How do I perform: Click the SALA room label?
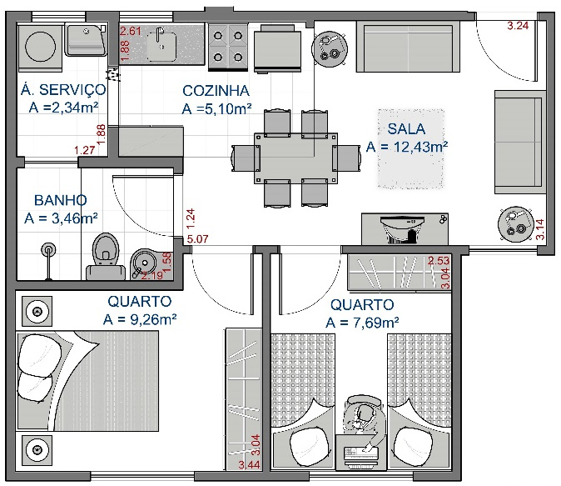point(406,128)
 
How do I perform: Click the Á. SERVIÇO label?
point(62,89)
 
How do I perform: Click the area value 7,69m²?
point(363,323)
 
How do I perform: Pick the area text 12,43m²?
point(407,147)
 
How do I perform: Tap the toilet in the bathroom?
point(104,253)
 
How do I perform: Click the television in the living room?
point(400,228)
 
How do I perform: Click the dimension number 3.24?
point(518,26)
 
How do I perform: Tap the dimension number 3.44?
point(249,464)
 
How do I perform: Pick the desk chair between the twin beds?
point(363,414)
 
